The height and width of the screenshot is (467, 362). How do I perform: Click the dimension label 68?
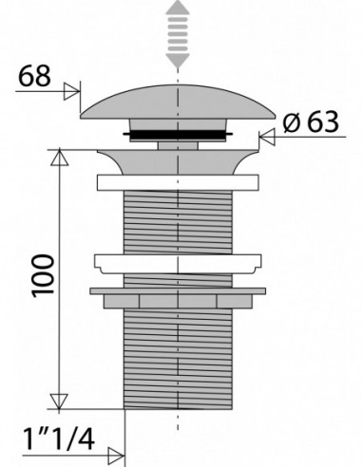click(x=34, y=76)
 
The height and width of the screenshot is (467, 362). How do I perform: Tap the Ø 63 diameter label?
click(x=311, y=121)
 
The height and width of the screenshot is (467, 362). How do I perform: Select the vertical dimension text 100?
click(x=44, y=275)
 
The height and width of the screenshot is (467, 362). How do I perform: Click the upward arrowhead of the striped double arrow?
click(x=178, y=8)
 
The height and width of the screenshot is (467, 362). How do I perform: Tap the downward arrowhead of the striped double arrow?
click(x=178, y=61)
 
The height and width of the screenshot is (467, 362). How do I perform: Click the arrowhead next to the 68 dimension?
click(x=72, y=91)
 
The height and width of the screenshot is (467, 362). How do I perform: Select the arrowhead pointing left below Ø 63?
click(x=267, y=137)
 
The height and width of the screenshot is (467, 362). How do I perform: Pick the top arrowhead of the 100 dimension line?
click(x=59, y=158)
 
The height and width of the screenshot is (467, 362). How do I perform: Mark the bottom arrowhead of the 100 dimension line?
click(x=59, y=402)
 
